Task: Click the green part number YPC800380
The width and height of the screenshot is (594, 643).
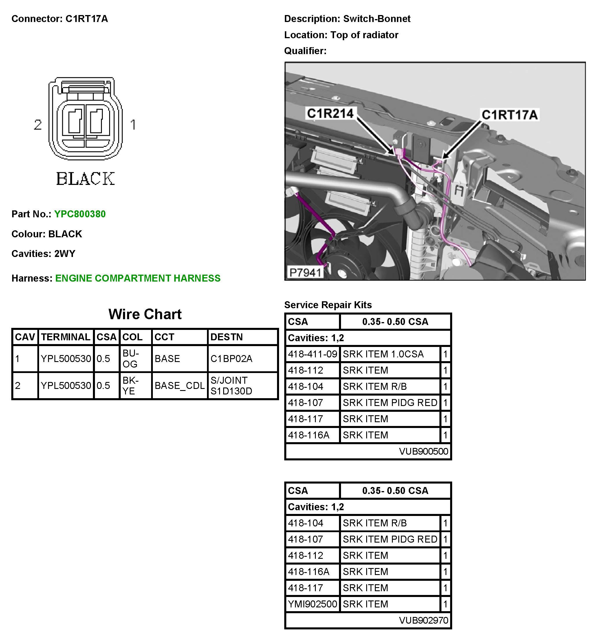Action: point(80,214)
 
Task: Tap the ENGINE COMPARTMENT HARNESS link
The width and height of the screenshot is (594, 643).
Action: point(137,278)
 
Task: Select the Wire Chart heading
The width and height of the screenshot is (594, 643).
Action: point(145,314)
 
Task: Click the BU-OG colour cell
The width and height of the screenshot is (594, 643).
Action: point(131,359)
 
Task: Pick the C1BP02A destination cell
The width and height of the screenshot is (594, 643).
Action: point(231,359)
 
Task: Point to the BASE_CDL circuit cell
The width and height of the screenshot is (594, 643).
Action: point(179,386)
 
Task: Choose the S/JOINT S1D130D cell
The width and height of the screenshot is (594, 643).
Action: point(231,386)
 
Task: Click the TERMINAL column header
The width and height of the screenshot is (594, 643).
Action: point(66,337)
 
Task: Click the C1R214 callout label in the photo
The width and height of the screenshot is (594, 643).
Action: point(330,113)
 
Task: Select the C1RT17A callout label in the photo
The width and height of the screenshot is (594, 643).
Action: point(509,115)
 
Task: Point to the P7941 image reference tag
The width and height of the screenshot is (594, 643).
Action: point(305,273)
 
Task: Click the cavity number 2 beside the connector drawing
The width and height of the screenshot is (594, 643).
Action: point(38,125)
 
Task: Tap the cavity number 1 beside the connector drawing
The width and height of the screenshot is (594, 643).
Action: point(133,125)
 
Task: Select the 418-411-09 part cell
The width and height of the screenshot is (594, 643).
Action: point(312,354)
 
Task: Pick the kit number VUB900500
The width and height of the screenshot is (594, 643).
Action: point(423,451)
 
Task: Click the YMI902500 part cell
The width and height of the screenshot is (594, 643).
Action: point(312,604)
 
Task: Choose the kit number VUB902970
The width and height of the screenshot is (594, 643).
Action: point(423,620)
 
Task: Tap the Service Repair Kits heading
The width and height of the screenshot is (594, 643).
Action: point(328,305)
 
